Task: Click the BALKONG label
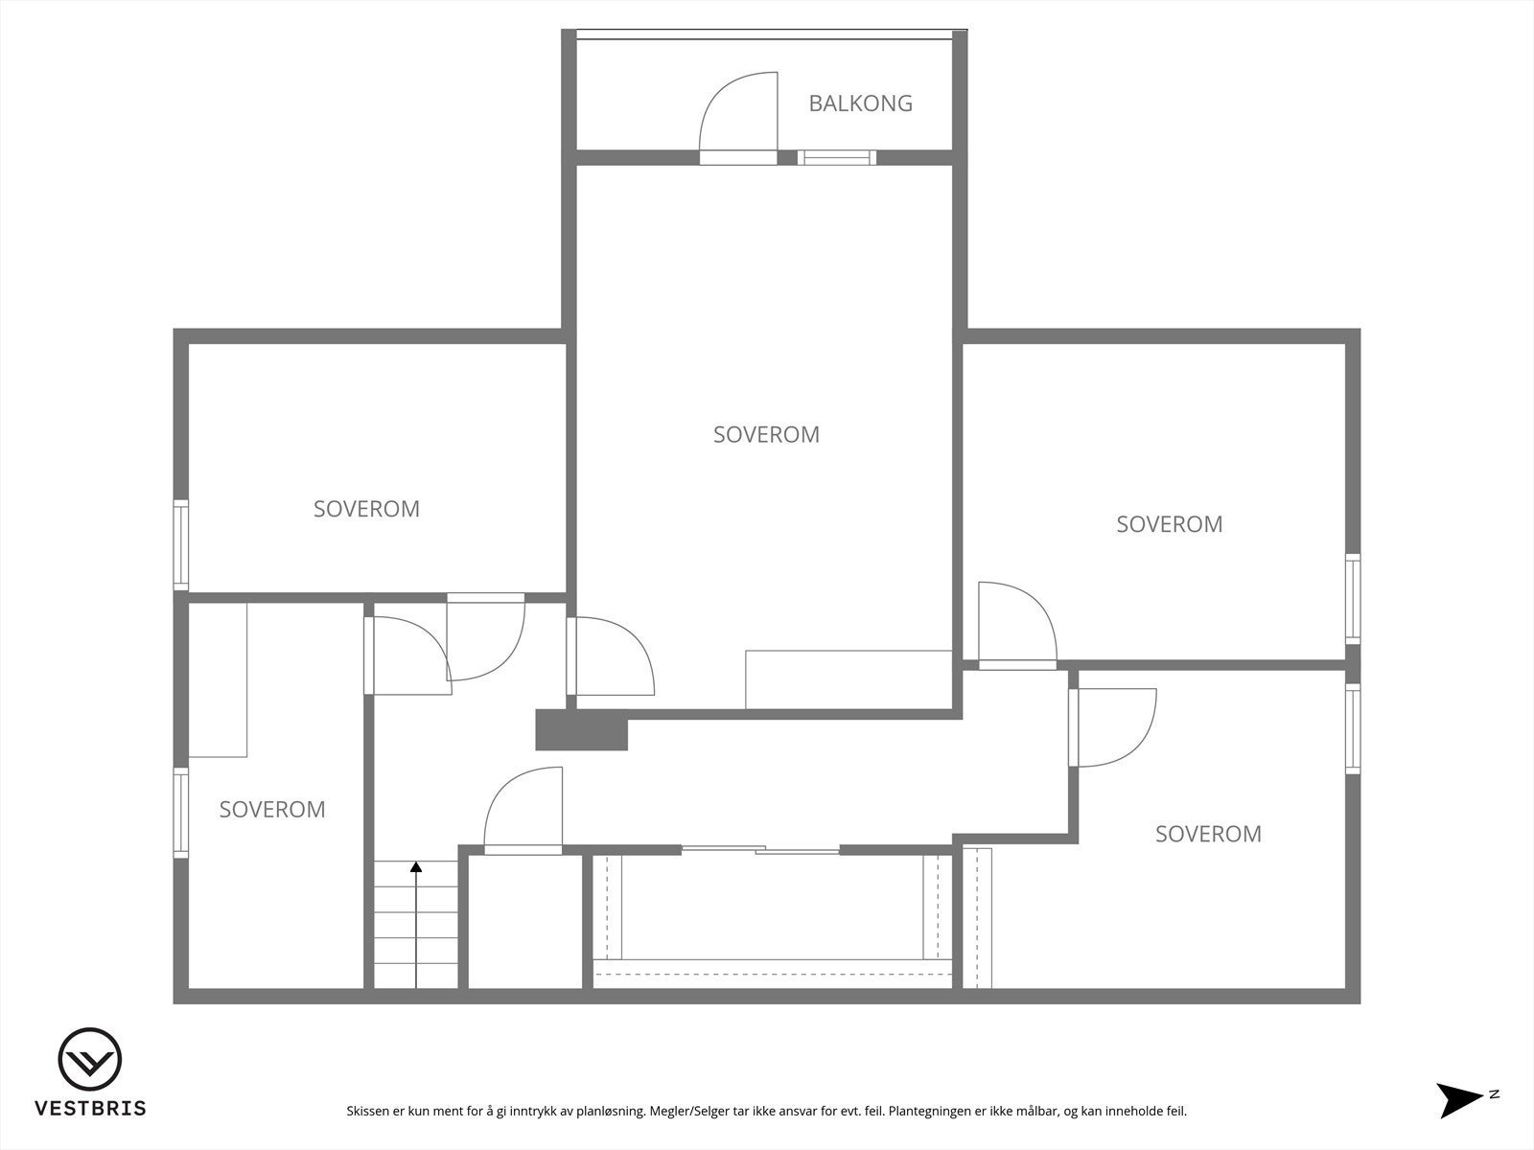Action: coord(860,103)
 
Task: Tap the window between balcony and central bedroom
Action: coord(837,158)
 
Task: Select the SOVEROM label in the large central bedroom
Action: coord(766,435)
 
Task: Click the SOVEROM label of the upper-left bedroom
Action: coord(366,509)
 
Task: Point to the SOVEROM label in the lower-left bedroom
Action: coord(272,810)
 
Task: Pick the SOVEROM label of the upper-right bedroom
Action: coord(1169,524)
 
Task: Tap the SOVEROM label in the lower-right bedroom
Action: coord(1208,834)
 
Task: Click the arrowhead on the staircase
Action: coord(416,867)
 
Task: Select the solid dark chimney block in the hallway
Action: coord(580,730)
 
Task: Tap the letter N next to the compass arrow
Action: coord(1495,1093)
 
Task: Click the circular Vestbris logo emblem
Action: coord(90,1060)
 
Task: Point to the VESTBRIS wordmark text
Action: coord(90,1109)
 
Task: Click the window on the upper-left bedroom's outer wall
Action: coord(180,543)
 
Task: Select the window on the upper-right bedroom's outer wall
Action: coord(1353,599)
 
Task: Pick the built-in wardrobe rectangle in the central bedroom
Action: coord(848,679)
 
